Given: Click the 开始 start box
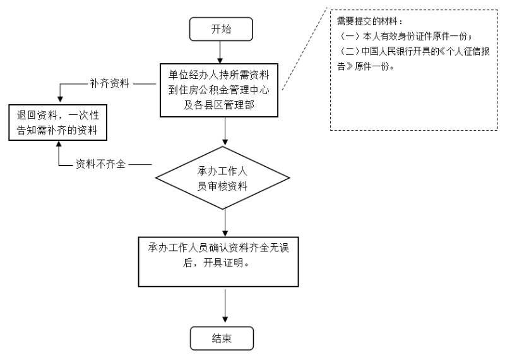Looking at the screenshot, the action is coord(221,29).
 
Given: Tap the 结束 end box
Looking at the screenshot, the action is coord(222,338).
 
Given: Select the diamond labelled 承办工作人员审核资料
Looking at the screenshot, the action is coord(223,177).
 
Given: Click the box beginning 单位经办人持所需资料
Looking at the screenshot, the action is coord(219,90).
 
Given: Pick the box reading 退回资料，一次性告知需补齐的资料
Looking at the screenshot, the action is coord(57,123).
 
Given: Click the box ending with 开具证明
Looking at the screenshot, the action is coord(218,261).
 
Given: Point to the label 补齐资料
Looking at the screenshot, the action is coord(109,83).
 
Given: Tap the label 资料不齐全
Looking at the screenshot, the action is coord(100,164).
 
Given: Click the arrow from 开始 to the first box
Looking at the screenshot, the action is coord(220,52).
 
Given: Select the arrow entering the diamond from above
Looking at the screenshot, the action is coord(225,131).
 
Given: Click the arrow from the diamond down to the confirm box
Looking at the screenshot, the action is coord(225,222).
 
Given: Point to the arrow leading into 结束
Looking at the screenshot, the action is coord(225,306).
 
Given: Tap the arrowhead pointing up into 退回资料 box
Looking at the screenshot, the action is coord(59,144).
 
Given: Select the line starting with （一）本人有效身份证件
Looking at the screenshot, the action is coord(406,36).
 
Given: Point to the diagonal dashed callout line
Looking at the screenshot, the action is coord(304,49).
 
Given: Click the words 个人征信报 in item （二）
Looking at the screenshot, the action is coord(468,52).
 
